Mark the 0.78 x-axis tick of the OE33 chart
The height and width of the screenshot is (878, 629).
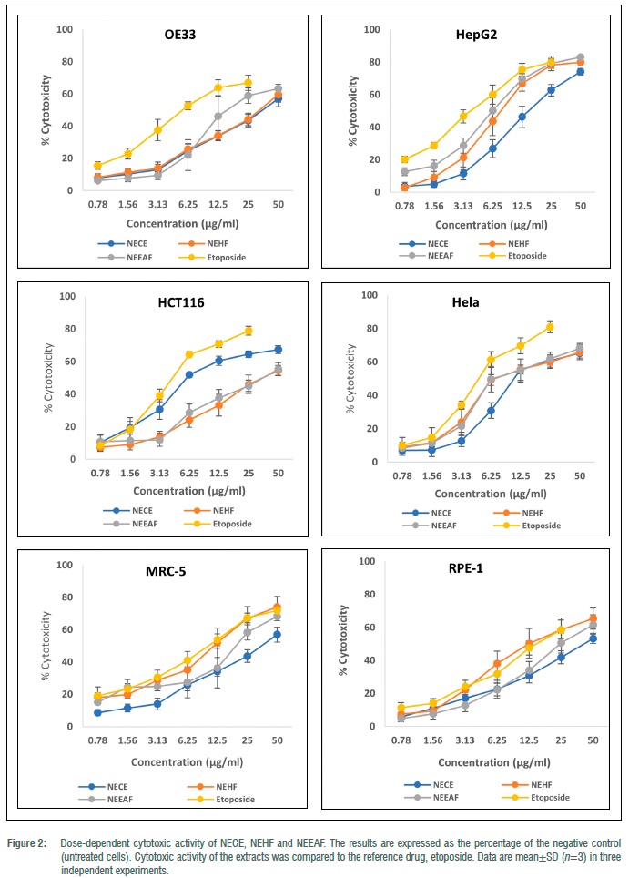coord(76,205)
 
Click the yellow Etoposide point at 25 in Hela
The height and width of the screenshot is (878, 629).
coord(550,327)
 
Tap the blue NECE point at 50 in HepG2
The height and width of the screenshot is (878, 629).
coord(580,71)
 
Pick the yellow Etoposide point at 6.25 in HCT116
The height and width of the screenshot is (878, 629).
coord(189,354)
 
